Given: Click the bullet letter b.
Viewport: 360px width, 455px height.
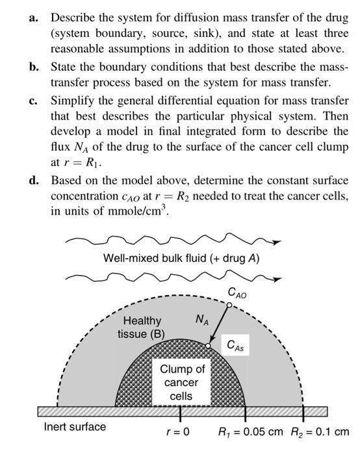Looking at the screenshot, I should [32, 69].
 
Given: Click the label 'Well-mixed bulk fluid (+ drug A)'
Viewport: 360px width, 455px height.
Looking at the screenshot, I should [181, 258].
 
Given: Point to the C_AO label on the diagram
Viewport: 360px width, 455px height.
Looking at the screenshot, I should [237, 294].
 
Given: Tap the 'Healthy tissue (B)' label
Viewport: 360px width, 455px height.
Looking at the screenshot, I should [142, 327].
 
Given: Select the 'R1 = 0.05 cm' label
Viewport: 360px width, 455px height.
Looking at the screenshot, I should [251, 431].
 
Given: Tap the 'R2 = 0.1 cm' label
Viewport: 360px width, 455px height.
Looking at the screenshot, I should [319, 431].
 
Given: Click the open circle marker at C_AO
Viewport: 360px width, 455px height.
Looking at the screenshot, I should [230, 304].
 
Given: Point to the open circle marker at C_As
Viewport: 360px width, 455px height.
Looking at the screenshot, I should [207, 346].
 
